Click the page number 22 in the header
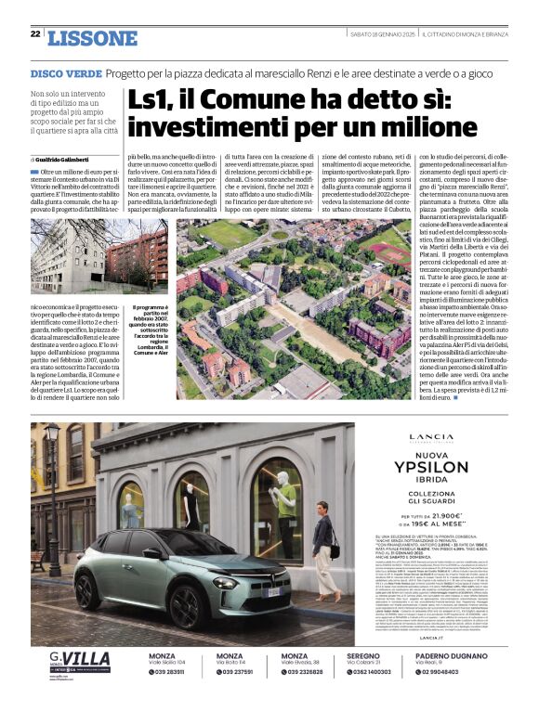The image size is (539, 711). tap(35, 33)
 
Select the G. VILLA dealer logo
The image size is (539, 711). tap(79, 661)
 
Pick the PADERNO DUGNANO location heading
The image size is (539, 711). tap(451, 655)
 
